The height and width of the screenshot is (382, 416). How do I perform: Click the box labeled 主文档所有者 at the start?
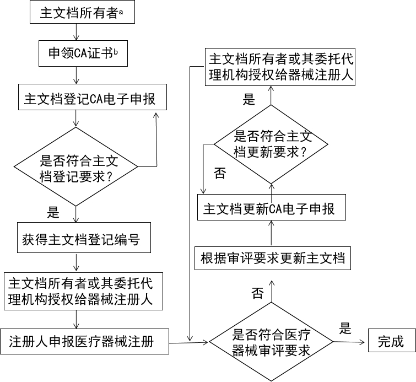tap(82, 13)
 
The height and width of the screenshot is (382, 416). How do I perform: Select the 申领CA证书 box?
tap(82, 53)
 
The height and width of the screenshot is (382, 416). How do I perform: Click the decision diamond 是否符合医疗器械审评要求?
tap(271, 342)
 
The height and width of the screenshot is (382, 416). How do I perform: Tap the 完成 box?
tap(390, 341)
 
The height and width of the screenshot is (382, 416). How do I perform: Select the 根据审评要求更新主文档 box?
tap(273, 259)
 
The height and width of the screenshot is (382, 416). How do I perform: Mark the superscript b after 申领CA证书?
tap(116, 51)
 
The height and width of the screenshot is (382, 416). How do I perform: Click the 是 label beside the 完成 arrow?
tap(345, 329)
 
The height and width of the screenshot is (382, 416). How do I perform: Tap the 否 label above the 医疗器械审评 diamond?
tap(257, 292)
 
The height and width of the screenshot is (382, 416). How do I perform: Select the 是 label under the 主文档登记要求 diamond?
tap(53, 212)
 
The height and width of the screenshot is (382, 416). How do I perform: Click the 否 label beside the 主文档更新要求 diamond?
tap(219, 174)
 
